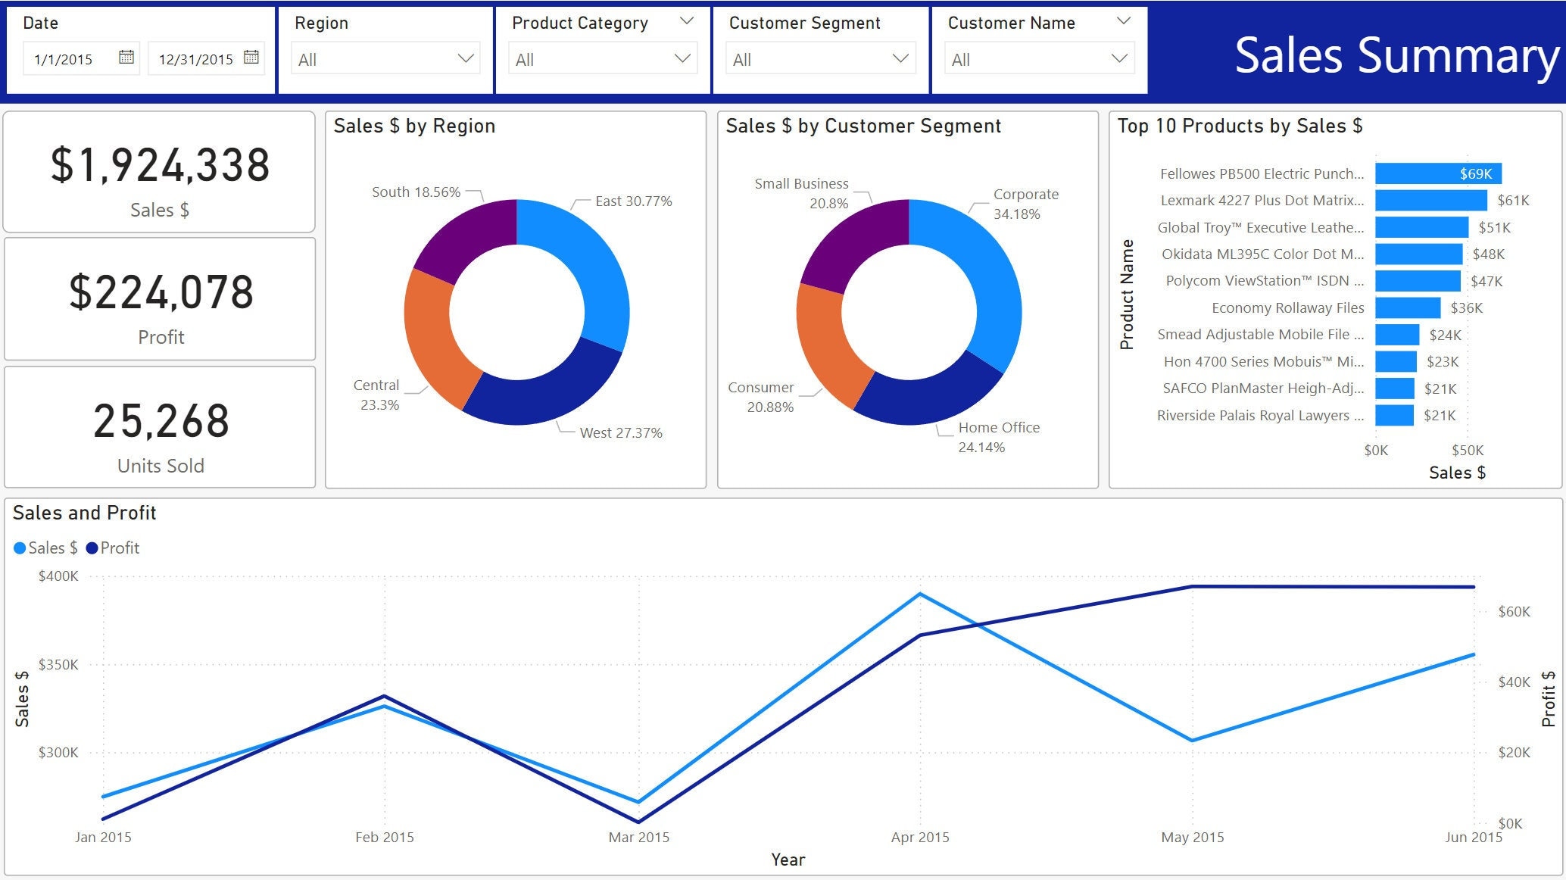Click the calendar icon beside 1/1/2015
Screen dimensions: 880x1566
click(x=126, y=58)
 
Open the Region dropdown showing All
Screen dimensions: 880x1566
click(x=385, y=59)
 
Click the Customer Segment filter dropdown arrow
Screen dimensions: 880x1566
click(x=900, y=58)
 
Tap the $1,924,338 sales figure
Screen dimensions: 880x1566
click(x=160, y=166)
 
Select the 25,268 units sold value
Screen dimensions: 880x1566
click(x=161, y=422)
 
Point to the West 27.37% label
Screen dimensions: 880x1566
click(x=620, y=433)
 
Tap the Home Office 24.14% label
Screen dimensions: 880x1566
click(x=998, y=437)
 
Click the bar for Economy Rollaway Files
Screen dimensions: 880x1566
click(x=1407, y=307)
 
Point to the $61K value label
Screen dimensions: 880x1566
click(x=1512, y=201)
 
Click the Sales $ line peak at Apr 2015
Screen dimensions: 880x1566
click(x=919, y=594)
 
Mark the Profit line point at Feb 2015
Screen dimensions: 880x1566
click(x=385, y=695)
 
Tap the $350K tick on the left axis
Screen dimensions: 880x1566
click(x=58, y=664)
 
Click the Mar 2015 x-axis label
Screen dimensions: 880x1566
click(x=638, y=837)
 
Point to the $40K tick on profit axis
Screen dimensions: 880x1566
click(x=1513, y=682)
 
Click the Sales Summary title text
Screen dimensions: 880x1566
click(x=1396, y=55)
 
